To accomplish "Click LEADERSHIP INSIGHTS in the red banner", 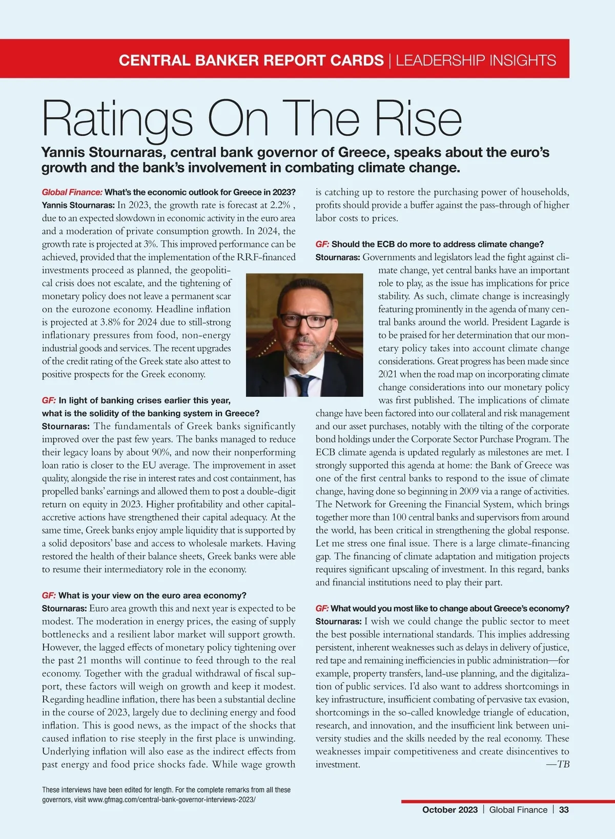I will pos(476,60).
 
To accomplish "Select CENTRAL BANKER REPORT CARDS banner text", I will pos(251,60).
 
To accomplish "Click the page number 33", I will pos(564,810).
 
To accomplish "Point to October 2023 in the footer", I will pos(449,810).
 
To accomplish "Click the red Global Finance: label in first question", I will pos(72,193).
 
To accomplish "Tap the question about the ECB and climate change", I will pos(437,244).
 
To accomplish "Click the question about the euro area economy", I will pos(152,596).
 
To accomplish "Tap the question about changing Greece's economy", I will pos(449,609).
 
